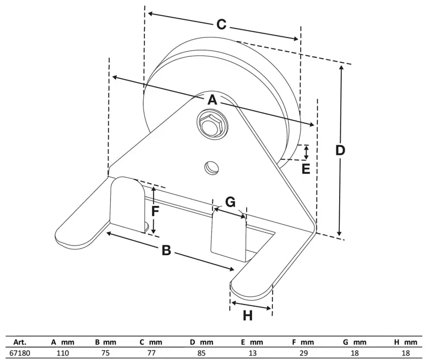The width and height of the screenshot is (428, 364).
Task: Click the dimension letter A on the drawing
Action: click(x=212, y=100)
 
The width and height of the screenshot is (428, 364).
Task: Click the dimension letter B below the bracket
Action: click(x=166, y=250)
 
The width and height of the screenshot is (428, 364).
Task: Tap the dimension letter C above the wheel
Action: click(x=221, y=25)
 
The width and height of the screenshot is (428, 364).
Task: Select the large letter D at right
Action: click(x=340, y=150)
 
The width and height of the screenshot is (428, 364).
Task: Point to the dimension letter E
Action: click(x=305, y=169)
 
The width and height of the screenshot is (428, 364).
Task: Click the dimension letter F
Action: click(x=155, y=211)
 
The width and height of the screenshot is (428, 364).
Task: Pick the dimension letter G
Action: click(x=230, y=202)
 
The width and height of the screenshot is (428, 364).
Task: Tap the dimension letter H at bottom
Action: click(x=247, y=316)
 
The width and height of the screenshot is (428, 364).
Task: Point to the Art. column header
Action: click(x=19, y=342)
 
